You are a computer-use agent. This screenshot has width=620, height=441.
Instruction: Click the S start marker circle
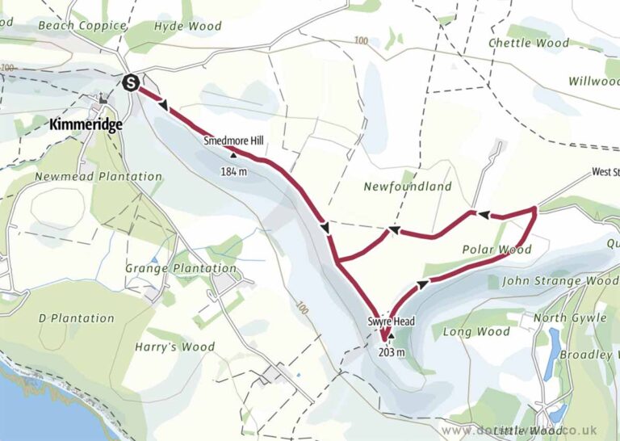130,82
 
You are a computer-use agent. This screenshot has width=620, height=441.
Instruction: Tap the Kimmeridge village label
86,125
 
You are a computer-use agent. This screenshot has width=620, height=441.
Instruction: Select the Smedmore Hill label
233,141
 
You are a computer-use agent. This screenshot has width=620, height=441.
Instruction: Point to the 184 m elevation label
233,171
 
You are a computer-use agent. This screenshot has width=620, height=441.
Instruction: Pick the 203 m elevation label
390,351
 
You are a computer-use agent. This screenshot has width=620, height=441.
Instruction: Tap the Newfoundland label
407,187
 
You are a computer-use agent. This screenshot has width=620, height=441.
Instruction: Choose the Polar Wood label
496,250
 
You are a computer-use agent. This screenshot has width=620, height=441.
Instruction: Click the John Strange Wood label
559,281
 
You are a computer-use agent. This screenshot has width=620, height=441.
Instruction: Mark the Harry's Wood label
186,347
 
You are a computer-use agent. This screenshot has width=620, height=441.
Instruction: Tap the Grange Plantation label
181,268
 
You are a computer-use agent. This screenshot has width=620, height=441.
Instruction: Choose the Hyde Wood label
187,26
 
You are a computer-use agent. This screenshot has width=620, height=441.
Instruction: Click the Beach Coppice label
82,26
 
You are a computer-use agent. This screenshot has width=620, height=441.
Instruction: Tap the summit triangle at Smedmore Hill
234,155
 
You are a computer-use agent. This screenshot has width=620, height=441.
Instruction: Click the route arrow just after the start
165,106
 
